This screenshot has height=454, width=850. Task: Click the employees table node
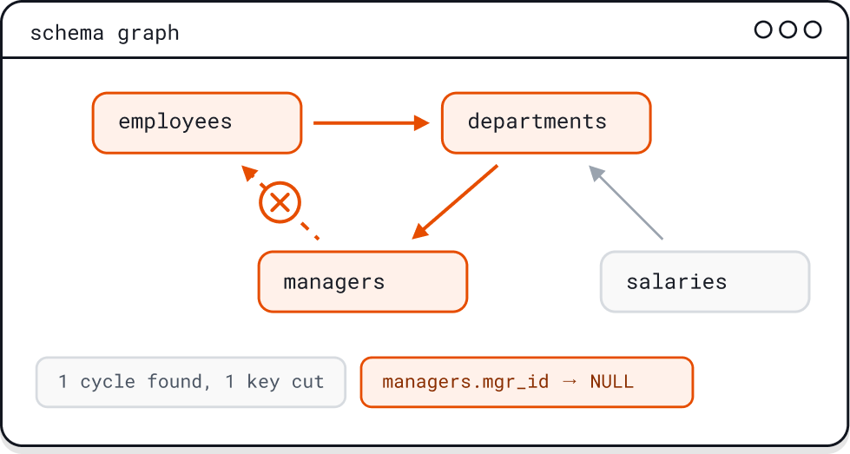point(197,123)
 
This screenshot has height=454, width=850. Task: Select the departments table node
point(546,123)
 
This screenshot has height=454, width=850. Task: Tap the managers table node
point(363,282)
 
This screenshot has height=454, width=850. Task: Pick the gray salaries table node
point(705,282)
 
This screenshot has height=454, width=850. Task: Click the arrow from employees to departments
point(372,123)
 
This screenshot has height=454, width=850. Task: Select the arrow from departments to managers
point(454,202)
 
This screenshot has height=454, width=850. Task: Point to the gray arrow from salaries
point(626,202)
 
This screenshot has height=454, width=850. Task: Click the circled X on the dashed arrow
point(280,202)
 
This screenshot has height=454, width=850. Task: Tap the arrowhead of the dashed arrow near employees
point(249,173)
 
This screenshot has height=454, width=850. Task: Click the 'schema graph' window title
point(105,33)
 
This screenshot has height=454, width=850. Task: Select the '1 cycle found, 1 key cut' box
point(191,382)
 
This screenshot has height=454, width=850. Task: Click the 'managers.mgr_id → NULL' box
point(527,382)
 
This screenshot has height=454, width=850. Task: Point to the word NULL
point(611,382)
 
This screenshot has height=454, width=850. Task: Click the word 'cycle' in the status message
point(108,383)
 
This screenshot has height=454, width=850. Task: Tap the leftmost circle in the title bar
point(763,30)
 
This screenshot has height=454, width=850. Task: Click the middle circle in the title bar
point(788,30)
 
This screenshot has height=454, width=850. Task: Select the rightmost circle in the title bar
point(813,30)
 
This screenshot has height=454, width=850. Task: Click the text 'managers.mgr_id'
point(465,383)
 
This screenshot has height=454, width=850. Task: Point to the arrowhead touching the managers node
point(419,230)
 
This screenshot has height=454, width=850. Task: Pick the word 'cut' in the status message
point(308,382)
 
